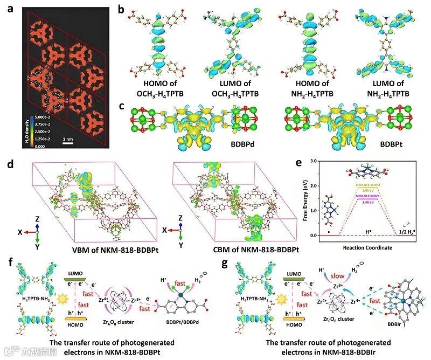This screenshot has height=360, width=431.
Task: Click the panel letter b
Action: tap(122, 9)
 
